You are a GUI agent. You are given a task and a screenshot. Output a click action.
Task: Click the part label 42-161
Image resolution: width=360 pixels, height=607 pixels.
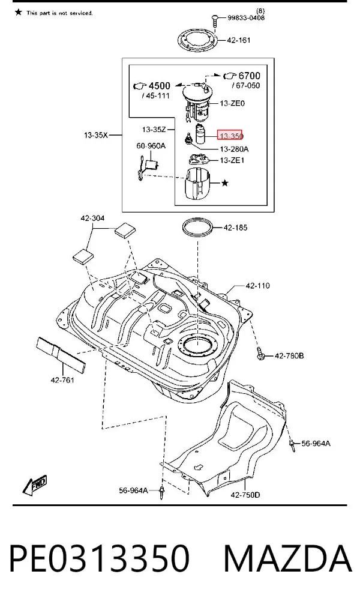pos(239,40)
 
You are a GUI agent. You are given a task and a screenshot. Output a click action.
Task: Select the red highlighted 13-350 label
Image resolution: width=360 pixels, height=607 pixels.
pos(230,136)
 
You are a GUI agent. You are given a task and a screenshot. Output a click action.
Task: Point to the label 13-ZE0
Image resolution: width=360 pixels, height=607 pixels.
pos(232,103)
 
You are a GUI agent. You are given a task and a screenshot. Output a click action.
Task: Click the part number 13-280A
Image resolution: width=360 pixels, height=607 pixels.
pos(234,149)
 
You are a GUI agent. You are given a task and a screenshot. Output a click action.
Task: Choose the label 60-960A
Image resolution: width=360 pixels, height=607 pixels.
pos(151,145)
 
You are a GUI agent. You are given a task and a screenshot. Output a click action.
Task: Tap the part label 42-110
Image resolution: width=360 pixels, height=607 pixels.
pos(258,286)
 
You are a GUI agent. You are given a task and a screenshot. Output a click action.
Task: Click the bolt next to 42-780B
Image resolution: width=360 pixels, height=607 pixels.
pos(260,353)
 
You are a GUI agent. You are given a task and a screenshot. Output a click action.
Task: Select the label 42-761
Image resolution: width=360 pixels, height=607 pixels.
pos(62,380)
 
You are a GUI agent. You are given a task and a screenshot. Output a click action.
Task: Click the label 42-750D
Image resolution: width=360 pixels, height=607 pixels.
pos(245,494)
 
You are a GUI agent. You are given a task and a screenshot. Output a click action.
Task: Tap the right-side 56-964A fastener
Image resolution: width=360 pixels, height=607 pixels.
pos(292,445)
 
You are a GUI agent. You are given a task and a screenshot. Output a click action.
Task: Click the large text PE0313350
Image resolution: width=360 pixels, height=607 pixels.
pos(100,558)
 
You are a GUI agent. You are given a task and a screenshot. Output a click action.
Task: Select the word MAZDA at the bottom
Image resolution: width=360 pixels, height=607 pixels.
pos(288,558)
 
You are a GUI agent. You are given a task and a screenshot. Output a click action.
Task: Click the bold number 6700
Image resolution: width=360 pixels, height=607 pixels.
pos(250,76)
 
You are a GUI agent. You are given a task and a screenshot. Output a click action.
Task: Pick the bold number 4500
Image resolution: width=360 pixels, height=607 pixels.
pos(160,85)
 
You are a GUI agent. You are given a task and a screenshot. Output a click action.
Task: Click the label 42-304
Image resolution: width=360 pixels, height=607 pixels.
pos(92,219)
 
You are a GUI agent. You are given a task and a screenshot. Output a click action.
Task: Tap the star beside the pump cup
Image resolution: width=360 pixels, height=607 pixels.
pos(225,183)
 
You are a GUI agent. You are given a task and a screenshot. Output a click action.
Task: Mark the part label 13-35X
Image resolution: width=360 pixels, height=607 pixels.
pos(96,135)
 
